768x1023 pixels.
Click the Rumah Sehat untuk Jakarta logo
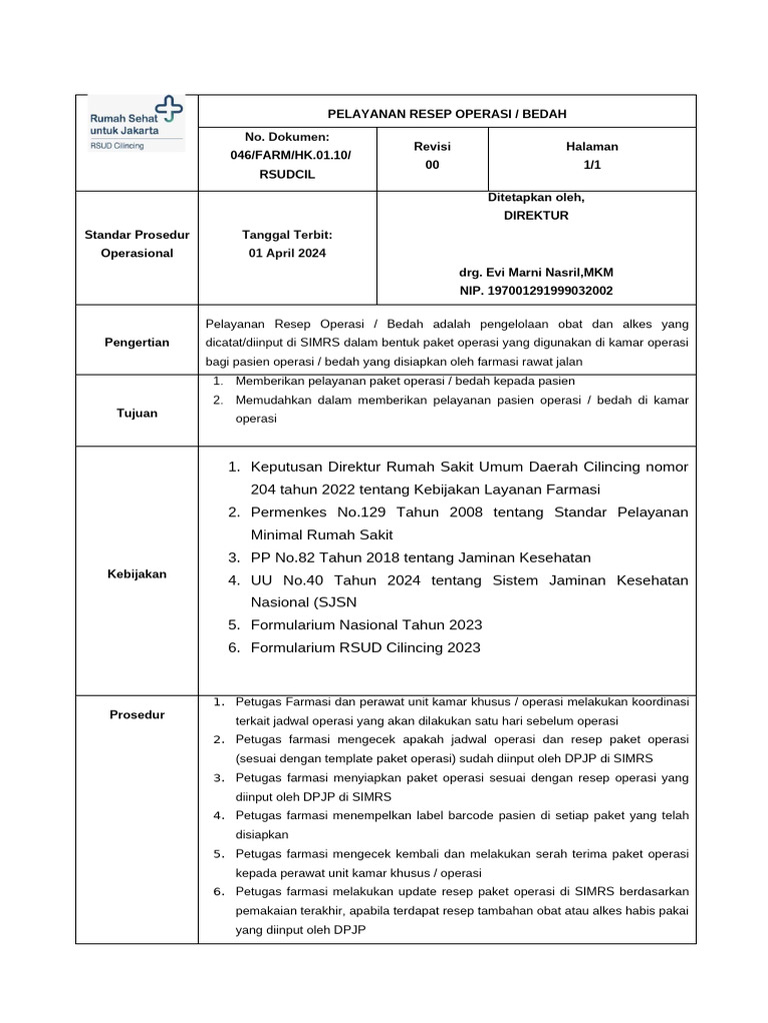coord(136,124)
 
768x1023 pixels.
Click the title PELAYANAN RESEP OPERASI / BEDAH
coord(446,114)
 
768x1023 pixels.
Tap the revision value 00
coord(432,165)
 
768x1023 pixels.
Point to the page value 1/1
coord(591,165)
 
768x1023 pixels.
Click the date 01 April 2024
coord(287,253)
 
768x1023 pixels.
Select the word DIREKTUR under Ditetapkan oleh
coord(535,215)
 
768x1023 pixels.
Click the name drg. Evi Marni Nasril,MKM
coord(535,272)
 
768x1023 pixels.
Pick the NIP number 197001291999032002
coord(535,291)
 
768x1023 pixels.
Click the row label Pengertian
coord(137,343)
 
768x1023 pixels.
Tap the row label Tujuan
coord(137,413)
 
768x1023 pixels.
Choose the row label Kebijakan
coord(137,574)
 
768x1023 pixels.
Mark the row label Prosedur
coord(137,714)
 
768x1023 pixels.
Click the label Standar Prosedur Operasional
coord(137,244)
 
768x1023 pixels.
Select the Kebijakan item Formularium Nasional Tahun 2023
coord(366,624)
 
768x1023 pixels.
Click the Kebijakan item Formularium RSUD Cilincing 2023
coord(365,647)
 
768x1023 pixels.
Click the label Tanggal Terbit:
coord(287,235)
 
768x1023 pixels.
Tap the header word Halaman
coord(591,146)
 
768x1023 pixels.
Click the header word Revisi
coord(432,146)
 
